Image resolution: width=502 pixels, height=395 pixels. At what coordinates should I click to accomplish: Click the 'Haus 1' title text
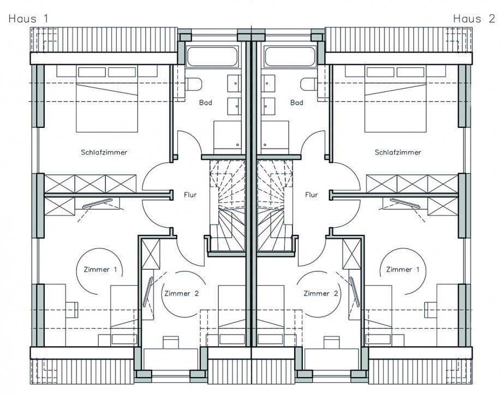coord(28,19)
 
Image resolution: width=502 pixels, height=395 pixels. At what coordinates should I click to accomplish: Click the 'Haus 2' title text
coord(474,19)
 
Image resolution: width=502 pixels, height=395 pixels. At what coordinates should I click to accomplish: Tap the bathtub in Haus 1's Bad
coord(212,57)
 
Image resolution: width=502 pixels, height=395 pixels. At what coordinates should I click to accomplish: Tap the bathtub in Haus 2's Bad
coord(290,57)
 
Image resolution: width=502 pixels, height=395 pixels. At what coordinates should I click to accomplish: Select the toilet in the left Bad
coord(193,85)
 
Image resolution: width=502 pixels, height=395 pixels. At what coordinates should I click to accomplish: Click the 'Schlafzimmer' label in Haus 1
coord(104,152)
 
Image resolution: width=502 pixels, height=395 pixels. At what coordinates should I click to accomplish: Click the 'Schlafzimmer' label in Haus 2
coord(398,152)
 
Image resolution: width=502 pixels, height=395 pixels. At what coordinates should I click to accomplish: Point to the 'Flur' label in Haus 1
coord(190,194)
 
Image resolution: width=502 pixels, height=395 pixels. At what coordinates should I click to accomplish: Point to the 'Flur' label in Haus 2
coord(312,194)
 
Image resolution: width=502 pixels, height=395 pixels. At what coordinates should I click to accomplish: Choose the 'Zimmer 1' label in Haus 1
coord(100,269)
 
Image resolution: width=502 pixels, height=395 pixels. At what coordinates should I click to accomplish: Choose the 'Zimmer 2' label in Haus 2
coord(321,293)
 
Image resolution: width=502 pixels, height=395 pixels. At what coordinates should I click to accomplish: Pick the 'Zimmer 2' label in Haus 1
coord(182,293)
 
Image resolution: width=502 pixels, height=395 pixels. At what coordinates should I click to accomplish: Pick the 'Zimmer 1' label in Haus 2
coord(403,269)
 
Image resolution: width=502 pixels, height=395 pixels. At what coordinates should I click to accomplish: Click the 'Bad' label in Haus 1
coord(206,103)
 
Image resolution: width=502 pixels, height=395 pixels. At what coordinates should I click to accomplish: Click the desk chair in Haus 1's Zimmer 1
coord(71,310)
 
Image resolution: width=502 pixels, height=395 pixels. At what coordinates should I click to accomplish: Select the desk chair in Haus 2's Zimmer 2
coord(331,342)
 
